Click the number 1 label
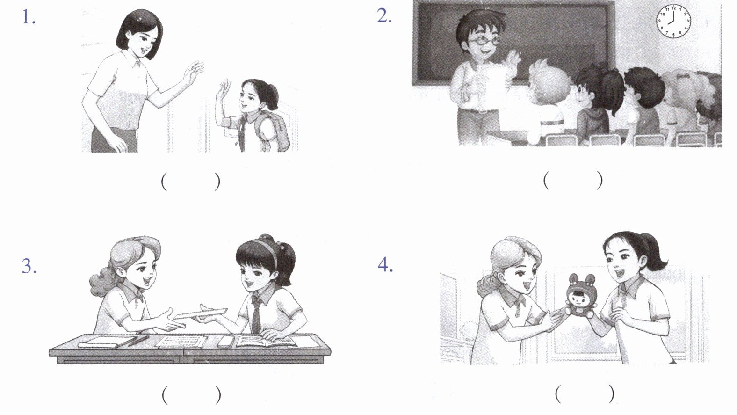coord(29,17)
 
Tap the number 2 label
coord(384,16)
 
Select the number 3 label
coord(29,266)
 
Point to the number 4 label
coord(385,265)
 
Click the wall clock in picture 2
coord(673,21)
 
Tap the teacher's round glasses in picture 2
coord(484,41)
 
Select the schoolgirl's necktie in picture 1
coord(243,134)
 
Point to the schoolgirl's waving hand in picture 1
coord(223,89)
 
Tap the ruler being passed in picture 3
coord(200,313)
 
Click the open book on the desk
coord(266,341)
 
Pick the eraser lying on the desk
coord(226,342)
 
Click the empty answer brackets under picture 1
coord(190,182)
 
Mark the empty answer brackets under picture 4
coord(585,393)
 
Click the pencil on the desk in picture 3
coord(138,341)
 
